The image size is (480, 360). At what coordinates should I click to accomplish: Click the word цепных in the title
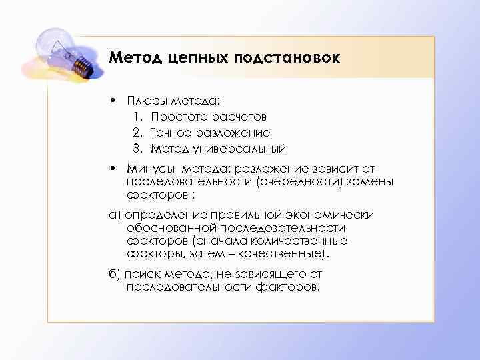click(x=197, y=58)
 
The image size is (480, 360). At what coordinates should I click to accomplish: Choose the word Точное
click(x=171, y=132)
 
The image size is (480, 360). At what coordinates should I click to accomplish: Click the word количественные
click(x=303, y=241)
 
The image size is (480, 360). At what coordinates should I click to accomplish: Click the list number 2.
click(x=136, y=132)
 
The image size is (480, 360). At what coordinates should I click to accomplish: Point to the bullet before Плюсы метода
click(x=114, y=101)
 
